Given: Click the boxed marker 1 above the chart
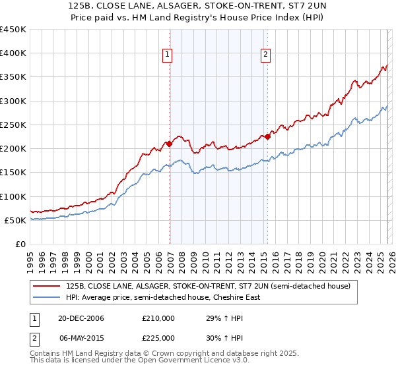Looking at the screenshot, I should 168,55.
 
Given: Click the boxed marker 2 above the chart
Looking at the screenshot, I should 265,55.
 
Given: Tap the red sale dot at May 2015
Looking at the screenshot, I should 267,136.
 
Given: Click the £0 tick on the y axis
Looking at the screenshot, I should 20,244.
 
